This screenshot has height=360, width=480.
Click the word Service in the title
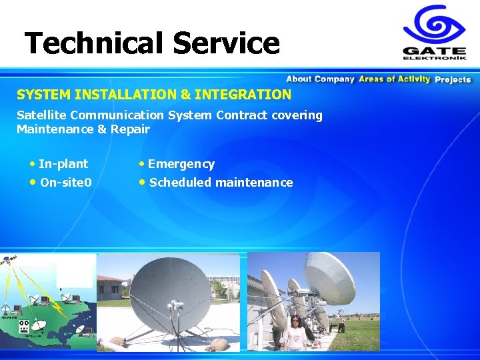click(x=226, y=43)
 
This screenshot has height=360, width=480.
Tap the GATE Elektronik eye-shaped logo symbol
click(x=433, y=27)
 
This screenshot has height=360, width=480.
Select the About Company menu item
click(x=320, y=79)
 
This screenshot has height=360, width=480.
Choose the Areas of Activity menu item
click(x=394, y=79)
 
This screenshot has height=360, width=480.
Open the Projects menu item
click(x=453, y=79)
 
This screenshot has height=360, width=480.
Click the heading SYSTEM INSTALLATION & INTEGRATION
click(x=154, y=95)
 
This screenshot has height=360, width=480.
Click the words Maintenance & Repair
click(x=83, y=129)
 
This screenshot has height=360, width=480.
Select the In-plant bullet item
click(x=63, y=164)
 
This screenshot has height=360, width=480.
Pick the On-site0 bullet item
click(x=65, y=183)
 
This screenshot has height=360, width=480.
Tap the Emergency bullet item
click(x=181, y=164)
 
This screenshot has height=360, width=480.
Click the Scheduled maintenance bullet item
click(x=221, y=183)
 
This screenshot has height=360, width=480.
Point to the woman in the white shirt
click(x=295, y=333)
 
